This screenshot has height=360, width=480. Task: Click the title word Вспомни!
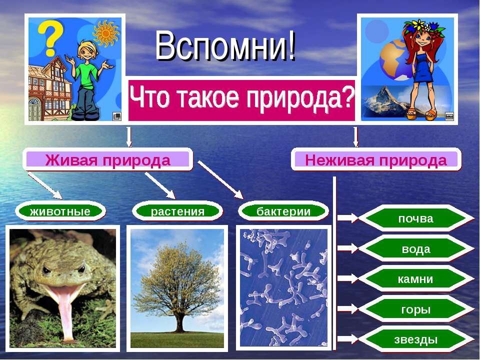(x=225, y=46)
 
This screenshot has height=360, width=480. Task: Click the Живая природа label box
(x=107, y=160)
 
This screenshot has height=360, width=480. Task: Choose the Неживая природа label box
(x=376, y=160)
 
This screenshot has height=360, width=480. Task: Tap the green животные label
(x=60, y=211)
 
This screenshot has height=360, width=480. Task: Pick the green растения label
(x=177, y=211)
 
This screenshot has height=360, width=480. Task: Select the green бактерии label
(x=283, y=211)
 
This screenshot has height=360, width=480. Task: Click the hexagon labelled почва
(x=415, y=218)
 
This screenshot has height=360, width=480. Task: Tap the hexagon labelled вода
(x=415, y=249)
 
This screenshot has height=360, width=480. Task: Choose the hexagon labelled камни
(x=415, y=279)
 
